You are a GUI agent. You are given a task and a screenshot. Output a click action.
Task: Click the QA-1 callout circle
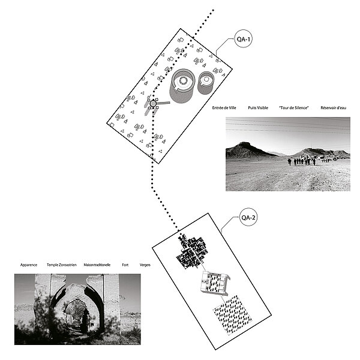pos(243,38)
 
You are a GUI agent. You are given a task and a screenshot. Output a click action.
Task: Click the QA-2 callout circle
pos(248,217)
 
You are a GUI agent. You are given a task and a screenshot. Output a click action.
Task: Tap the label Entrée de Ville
pos(224,107)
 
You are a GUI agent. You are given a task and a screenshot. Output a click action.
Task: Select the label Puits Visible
pos(258,107)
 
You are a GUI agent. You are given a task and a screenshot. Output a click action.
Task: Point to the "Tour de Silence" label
pos(293,107)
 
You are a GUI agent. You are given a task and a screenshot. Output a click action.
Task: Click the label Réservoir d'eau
pos(333,107)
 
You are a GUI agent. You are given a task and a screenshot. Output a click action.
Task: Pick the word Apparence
pos(29,265)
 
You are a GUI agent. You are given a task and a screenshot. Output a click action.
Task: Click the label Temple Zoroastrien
pos(62,265)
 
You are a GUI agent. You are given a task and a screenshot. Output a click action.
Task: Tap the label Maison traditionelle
pos(97,265)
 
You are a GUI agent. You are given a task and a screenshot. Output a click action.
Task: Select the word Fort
pos(125,265)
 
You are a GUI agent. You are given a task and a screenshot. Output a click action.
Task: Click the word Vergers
pos(145,265)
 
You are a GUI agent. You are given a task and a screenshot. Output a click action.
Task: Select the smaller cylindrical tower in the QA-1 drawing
pos(206,83)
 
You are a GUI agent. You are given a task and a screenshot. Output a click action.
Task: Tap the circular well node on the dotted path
pos(153,104)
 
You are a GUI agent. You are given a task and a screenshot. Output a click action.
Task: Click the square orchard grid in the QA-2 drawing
pos(232,314)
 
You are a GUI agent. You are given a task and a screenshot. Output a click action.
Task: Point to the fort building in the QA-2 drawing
pos(215,283)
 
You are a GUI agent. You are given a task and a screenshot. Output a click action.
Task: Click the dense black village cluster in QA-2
pos(192,251)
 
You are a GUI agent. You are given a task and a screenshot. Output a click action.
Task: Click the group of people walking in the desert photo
pos(302,161)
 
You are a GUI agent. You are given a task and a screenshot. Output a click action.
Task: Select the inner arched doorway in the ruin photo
pos(77,316)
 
